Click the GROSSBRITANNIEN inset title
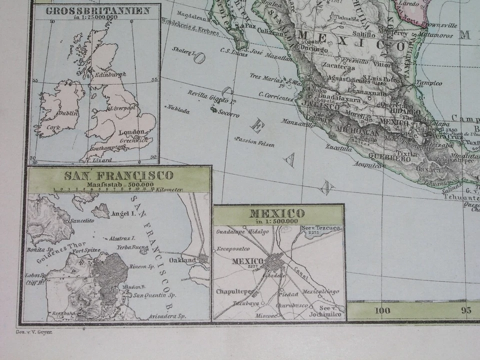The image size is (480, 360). [97, 11]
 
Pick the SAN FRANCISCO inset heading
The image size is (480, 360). [118, 175]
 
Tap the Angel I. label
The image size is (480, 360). [126, 213]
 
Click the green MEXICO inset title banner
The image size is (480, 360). [278, 215]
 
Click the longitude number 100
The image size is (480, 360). [382, 310]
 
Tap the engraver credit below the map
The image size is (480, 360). [30, 331]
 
